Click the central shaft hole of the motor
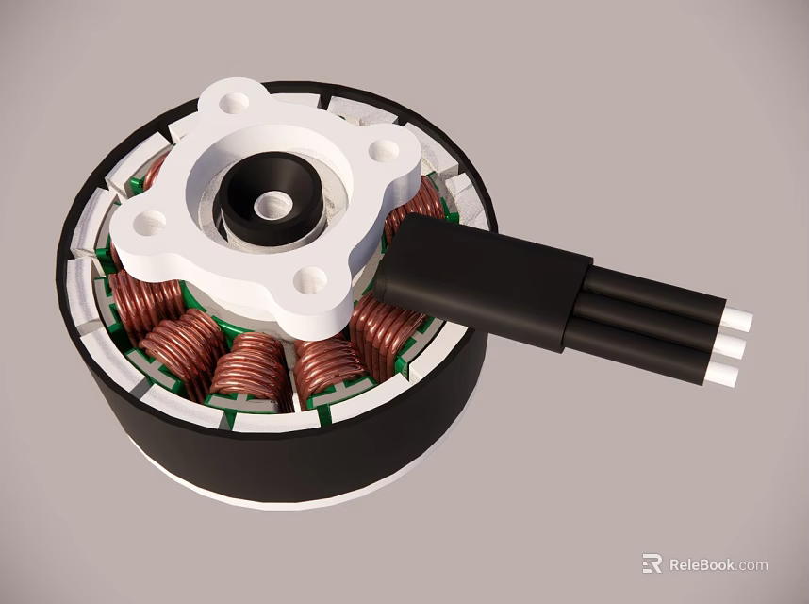(x=273, y=202)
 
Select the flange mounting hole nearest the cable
(x=383, y=150)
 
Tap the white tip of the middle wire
(x=731, y=347)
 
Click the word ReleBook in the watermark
(x=702, y=565)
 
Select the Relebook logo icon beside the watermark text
(x=652, y=563)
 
